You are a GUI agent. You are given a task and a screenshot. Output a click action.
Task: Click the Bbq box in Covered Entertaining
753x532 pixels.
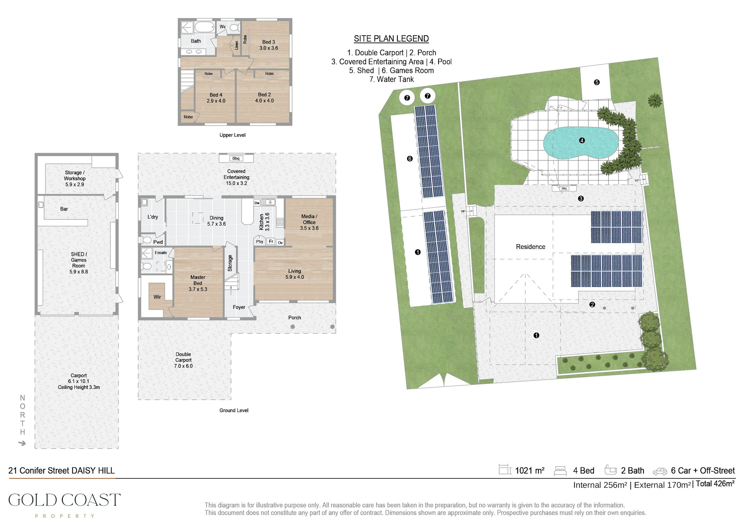pos(236,159)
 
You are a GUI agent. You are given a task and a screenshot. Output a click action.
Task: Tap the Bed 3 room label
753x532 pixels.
pos(268,45)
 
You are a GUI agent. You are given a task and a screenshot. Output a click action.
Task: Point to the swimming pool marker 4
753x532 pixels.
pos(582,140)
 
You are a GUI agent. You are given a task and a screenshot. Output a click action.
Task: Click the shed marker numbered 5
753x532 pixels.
pos(597,82)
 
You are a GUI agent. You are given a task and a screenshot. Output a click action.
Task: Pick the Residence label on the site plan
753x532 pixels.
pos(531,247)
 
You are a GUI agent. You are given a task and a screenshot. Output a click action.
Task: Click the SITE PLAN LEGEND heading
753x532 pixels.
pos(391,39)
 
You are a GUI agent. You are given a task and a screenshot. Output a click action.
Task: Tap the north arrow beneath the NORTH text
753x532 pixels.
pos(22,443)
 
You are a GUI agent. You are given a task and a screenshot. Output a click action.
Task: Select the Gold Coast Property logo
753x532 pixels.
pos(64,504)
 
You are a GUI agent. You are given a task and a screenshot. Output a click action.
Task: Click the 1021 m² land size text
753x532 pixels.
pos(530,471)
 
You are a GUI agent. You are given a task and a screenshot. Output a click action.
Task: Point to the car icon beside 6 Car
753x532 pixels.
pos(660,471)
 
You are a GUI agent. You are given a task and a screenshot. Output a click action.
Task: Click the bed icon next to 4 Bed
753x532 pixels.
pos(560,471)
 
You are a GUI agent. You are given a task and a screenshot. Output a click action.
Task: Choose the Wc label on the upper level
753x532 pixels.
pos(222,26)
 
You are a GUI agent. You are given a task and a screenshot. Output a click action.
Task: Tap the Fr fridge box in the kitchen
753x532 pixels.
pos(271,241)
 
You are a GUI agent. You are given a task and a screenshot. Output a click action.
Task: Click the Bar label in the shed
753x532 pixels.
pos(64,209)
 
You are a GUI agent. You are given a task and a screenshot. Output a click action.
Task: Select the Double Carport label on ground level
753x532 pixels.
pos(183,360)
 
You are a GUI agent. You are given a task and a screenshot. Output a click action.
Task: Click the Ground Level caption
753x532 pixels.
pos(234,410)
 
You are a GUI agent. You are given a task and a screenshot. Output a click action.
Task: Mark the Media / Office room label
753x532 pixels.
pos(309,222)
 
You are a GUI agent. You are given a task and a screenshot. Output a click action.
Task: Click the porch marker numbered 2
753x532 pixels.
pos(592,304)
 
